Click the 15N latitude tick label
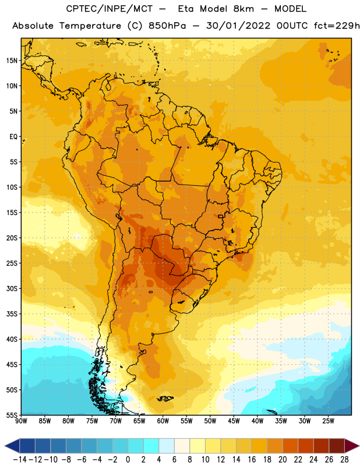[12, 61]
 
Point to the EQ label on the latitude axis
[13, 137]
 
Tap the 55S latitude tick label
[12, 415]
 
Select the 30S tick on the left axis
[12, 288]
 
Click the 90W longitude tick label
[21, 421]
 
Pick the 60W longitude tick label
[163, 421]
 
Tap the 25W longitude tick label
[328, 421]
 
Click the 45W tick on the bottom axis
[234, 421]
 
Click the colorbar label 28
[344, 460]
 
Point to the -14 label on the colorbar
[20, 460]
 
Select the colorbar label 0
[128, 460]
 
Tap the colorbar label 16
[252, 460]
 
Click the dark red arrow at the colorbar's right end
[351, 446]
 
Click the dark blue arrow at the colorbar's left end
[12, 446]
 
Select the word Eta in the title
[185, 9]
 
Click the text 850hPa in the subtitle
[167, 26]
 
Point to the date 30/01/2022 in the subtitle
[238, 26]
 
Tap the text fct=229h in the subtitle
[337, 26]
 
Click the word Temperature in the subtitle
[90, 26]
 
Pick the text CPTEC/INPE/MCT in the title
[110, 9]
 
